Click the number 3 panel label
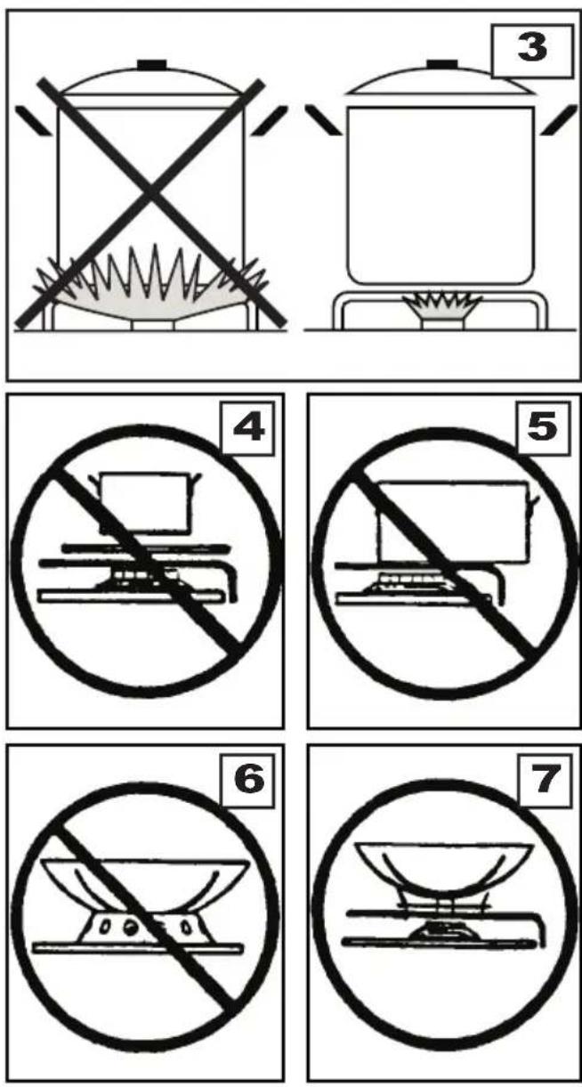click(532, 50)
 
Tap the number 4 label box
click(247, 427)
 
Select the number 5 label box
click(542, 427)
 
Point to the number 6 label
click(247, 780)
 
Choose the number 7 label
click(546, 780)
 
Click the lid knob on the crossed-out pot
click(151, 64)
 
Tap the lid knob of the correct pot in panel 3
click(442, 64)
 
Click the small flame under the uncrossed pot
click(445, 304)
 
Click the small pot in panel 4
click(144, 503)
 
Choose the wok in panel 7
click(444, 870)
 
